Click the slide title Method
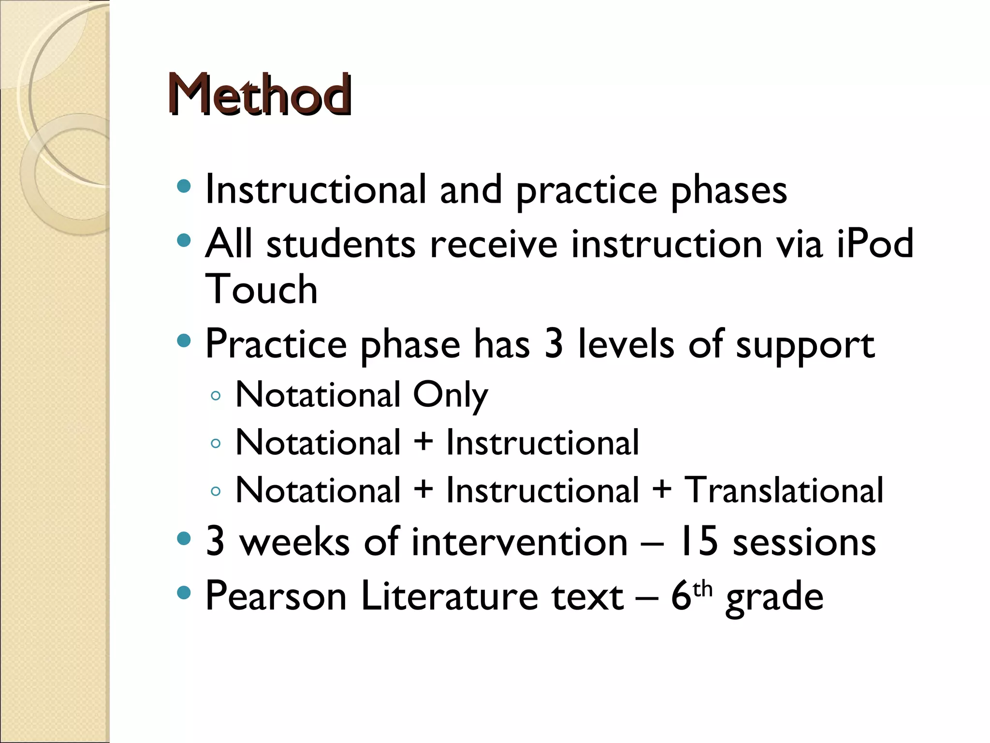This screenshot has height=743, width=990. [x=259, y=94]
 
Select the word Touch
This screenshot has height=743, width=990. [x=262, y=289]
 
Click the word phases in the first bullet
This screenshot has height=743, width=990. [x=729, y=191]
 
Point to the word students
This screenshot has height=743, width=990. [x=341, y=243]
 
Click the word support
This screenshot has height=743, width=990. [x=805, y=345]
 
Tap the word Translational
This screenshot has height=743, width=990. [x=784, y=490]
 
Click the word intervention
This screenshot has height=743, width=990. [x=520, y=542]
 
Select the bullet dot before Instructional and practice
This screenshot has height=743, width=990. [x=184, y=187]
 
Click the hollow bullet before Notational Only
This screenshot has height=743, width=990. [x=216, y=396]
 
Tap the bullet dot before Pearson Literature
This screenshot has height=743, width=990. [x=184, y=593]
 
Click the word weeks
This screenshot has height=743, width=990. [x=295, y=542]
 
